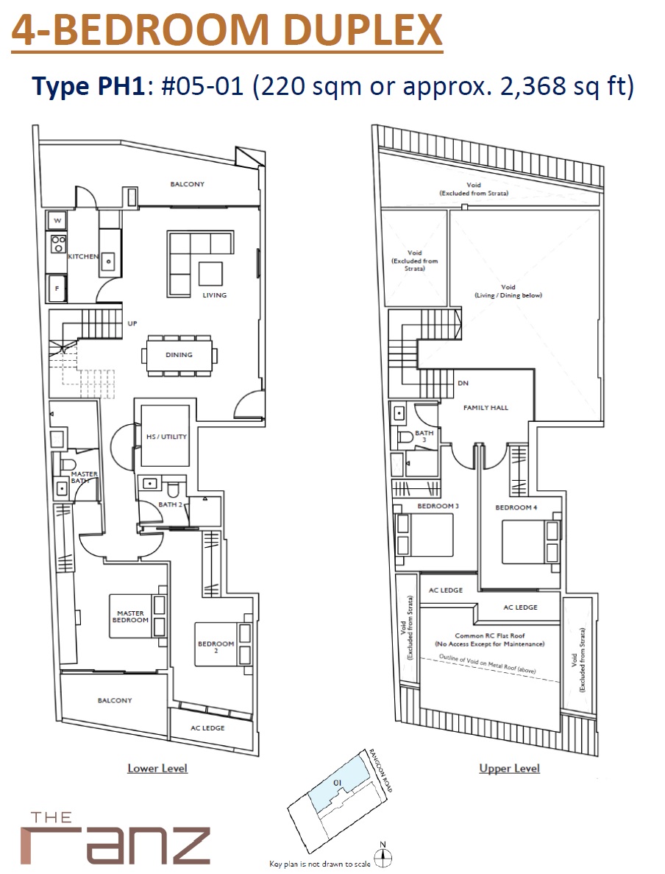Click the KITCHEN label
(x=82, y=256)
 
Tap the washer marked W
(x=57, y=219)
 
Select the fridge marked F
(x=57, y=288)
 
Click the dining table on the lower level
(x=179, y=355)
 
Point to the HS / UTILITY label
(x=166, y=437)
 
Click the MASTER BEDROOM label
(x=130, y=616)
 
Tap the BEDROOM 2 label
(x=216, y=647)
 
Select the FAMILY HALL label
(x=485, y=407)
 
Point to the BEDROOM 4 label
(x=516, y=507)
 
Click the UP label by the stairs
(x=133, y=323)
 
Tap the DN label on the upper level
(x=463, y=383)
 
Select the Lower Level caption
(x=157, y=768)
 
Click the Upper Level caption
(x=509, y=768)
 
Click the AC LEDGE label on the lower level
(x=207, y=727)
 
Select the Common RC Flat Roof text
(x=490, y=634)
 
